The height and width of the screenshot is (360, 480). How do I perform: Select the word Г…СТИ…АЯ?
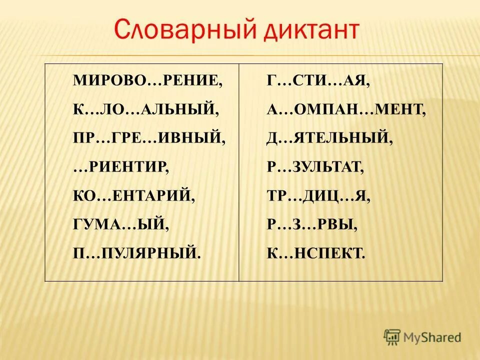pyautogui.click(x=318, y=80)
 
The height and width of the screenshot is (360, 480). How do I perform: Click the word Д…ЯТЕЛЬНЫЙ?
pyautogui.click(x=329, y=137)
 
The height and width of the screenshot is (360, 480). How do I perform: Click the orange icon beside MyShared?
pyautogui.click(x=392, y=336)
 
